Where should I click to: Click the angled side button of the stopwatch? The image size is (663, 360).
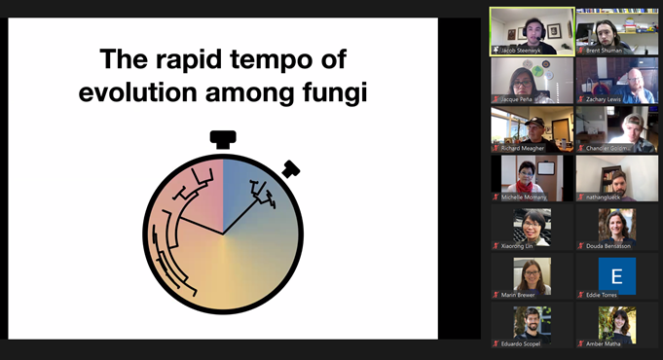pyautogui.click(x=290, y=169)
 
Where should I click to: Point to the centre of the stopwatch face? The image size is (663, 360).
pyautogui.click(x=223, y=234)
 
